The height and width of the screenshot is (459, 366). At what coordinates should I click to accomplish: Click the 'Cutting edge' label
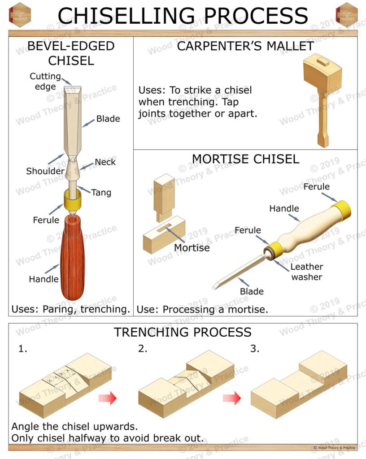[x=45, y=81]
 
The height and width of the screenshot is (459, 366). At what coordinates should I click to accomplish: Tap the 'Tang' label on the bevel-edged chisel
[x=101, y=193]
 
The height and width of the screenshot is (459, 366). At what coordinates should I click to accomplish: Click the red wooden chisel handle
[x=72, y=260]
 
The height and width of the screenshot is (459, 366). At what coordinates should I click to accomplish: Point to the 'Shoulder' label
[x=45, y=171]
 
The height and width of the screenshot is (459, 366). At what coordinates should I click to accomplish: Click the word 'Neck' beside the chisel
[x=105, y=162]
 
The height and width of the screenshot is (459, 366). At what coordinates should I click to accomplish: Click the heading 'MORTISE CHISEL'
[x=245, y=159]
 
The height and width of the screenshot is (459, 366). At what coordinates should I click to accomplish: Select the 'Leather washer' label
[x=307, y=272]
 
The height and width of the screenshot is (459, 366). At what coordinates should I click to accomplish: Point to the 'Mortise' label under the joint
[x=192, y=247]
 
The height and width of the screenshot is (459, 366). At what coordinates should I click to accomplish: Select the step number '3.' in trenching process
[x=255, y=349]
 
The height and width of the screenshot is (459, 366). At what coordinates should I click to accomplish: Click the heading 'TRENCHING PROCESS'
[x=183, y=332]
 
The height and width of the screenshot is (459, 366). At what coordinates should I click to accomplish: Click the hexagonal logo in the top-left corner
[x=20, y=14]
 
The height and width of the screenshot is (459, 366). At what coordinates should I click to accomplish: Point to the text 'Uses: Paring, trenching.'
[x=71, y=309]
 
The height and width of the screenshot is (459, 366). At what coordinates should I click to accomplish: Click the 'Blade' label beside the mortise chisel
[x=252, y=291]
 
